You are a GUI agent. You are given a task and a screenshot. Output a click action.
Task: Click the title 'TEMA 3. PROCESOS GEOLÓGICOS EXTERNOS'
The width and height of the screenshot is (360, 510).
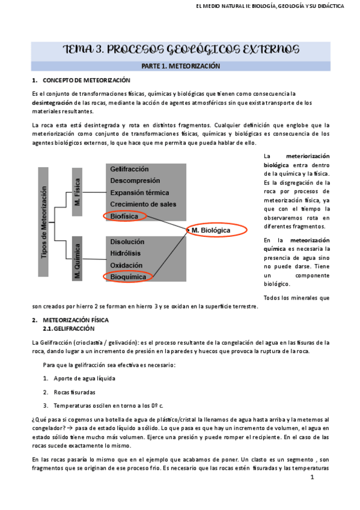click(x=180, y=49)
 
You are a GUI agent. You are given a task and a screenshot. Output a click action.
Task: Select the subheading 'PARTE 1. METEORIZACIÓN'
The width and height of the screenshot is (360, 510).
click(x=180, y=66)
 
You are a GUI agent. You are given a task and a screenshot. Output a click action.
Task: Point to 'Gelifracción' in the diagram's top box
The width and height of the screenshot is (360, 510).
click(x=129, y=169)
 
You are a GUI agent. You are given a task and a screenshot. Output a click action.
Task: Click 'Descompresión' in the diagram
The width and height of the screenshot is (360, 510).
click(x=135, y=180)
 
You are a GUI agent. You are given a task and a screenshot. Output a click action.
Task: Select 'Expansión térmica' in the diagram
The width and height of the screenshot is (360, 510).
click(x=139, y=192)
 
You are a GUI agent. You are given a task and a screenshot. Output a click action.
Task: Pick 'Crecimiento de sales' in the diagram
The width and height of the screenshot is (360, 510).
click(x=143, y=204)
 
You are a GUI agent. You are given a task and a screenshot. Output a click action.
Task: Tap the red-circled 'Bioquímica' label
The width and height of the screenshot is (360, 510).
click(x=129, y=277)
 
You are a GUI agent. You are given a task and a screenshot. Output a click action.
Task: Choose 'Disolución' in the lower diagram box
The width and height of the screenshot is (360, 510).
click(x=127, y=242)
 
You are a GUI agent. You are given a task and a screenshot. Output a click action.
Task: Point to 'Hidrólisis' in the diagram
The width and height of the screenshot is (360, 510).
click(x=126, y=253)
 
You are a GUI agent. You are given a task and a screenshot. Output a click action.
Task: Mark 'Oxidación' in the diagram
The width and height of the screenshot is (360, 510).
click(x=126, y=265)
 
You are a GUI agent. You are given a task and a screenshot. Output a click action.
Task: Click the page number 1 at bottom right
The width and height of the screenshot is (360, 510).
click(x=312, y=478)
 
